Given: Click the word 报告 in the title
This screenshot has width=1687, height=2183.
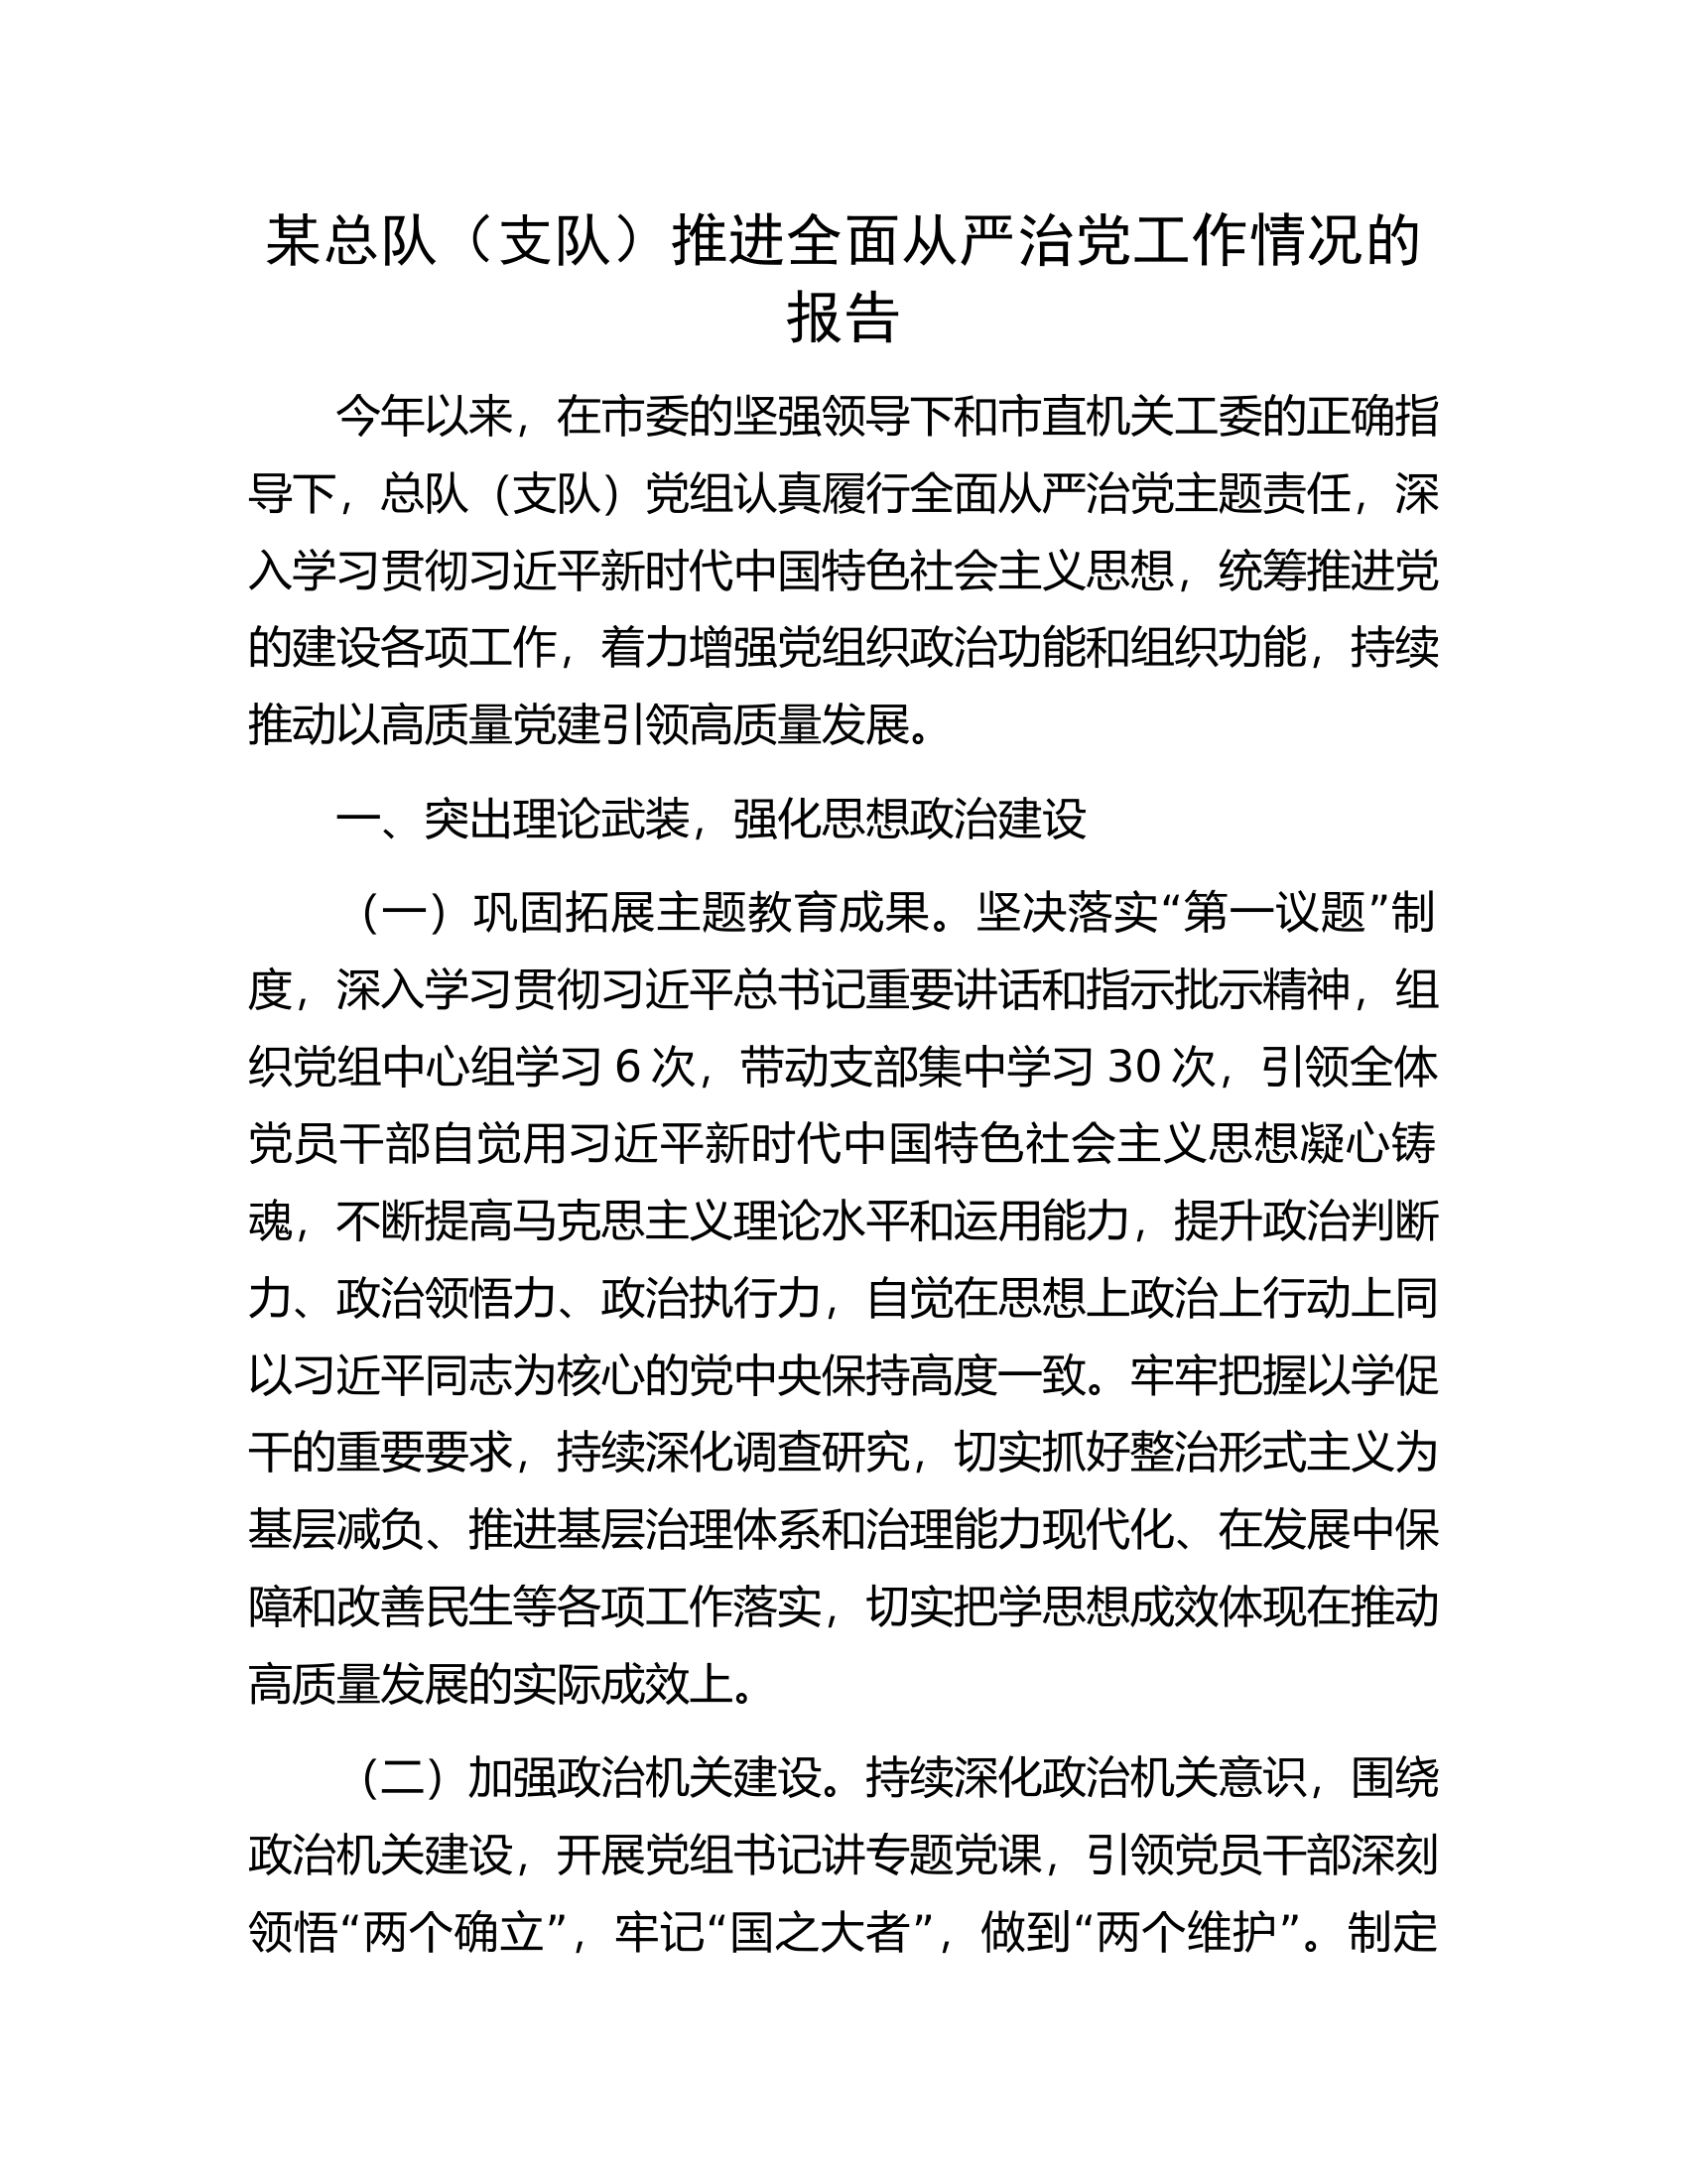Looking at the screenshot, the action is [843, 318].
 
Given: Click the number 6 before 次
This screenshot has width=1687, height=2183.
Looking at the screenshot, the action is [627, 1068].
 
